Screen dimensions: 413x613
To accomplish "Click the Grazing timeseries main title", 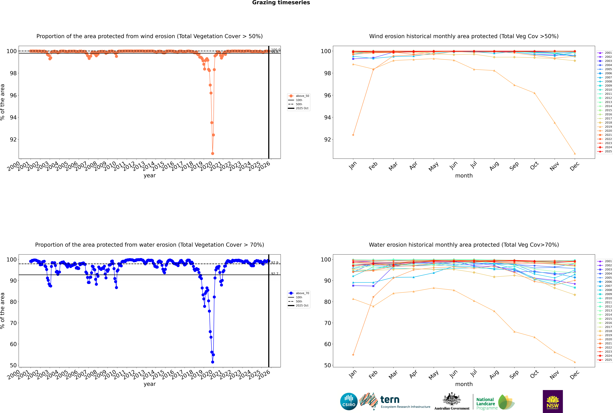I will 281,3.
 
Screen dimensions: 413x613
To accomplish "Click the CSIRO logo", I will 349,401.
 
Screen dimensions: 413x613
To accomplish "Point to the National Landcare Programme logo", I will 495,402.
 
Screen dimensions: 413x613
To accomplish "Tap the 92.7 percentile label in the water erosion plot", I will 275,274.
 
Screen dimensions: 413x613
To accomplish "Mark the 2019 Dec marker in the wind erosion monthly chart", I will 575,154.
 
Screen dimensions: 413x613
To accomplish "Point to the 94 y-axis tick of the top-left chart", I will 13,117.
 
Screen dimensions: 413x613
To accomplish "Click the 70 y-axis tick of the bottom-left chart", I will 13,323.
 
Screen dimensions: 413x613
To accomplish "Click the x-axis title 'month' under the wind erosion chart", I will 464,176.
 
